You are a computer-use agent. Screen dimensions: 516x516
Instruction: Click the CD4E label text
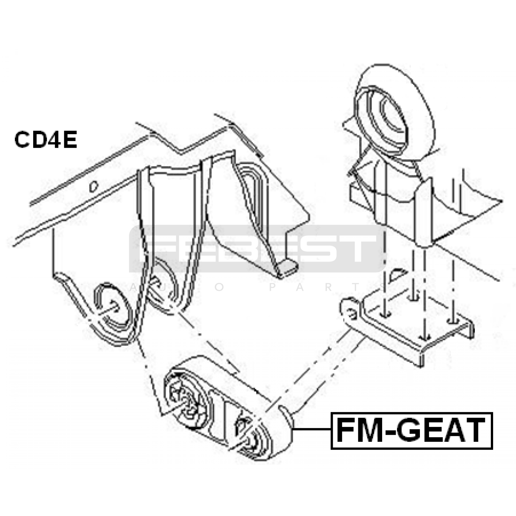[45, 140]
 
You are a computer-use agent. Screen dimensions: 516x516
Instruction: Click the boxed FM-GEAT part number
[412, 430]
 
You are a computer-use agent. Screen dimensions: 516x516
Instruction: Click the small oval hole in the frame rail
[94, 186]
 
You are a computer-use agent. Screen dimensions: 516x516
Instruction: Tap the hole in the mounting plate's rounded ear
[352, 312]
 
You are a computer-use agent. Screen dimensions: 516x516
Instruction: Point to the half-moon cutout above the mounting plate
[398, 275]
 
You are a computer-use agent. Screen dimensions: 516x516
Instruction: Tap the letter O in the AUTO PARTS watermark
[220, 287]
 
